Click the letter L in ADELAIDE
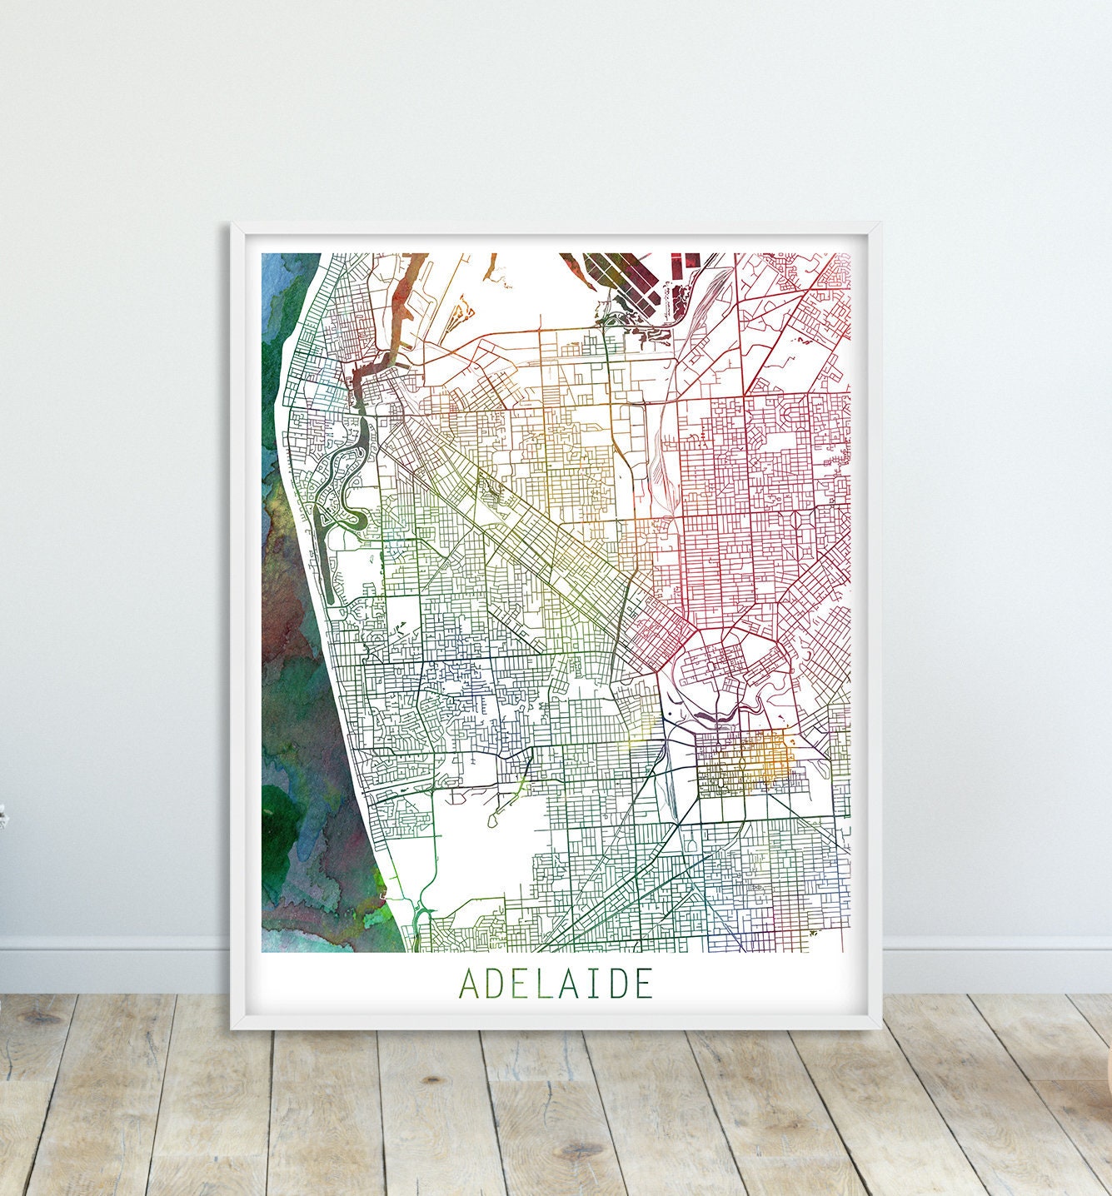click(x=542, y=984)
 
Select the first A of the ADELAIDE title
click(x=469, y=984)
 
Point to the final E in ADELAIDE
click(x=642, y=984)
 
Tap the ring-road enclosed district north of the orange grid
click(x=725, y=666)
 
